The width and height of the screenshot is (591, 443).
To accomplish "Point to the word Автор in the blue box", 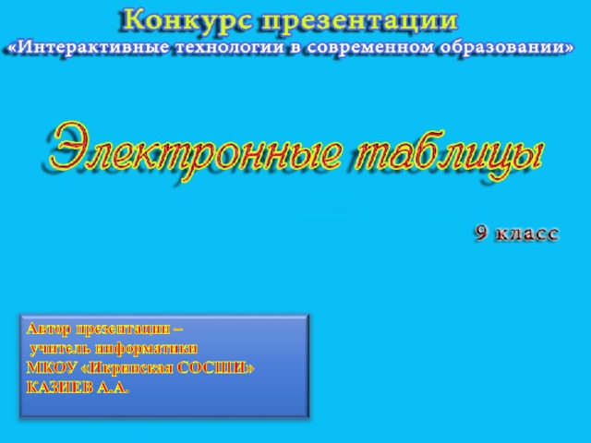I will [x=48, y=329].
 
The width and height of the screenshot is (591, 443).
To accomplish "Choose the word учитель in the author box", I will [x=60, y=348].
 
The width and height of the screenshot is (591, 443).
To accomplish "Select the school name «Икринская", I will [x=132, y=367].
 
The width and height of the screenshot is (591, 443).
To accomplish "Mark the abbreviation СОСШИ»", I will [x=221, y=367].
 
